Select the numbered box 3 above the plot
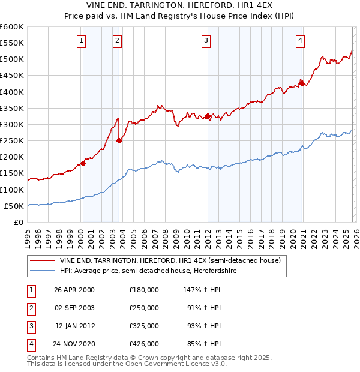(x=206, y=41)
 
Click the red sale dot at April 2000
(x=83, y=163)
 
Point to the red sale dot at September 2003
(x=119, y=140)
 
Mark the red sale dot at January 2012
(x=208, y=116)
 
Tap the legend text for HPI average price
(x=164, y=271)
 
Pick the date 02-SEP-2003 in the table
(x=74, y=307)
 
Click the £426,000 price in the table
(x=144, y=344)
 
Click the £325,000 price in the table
(x=144, y=326)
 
